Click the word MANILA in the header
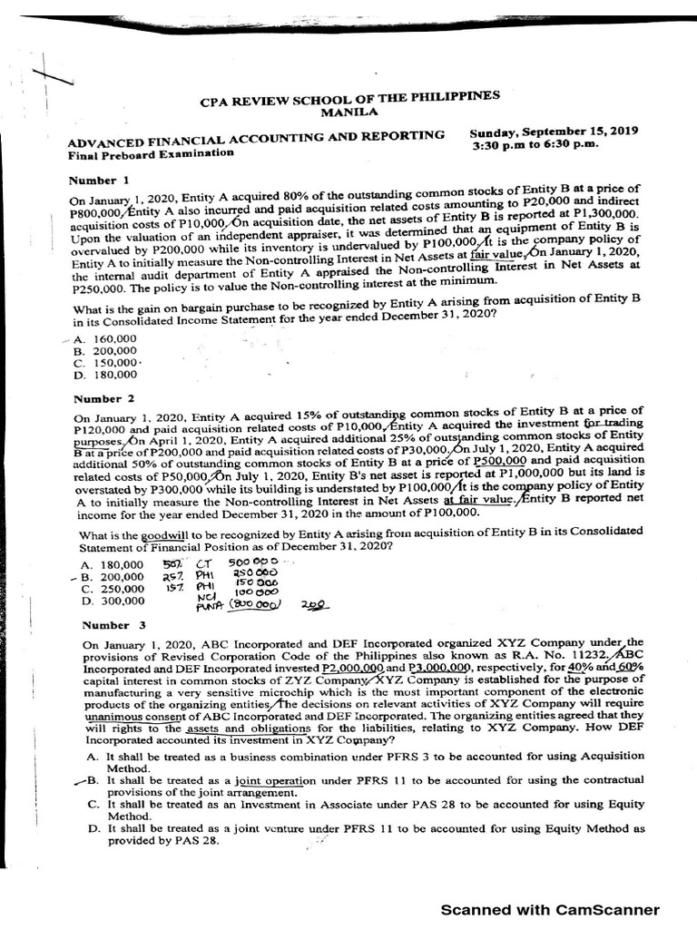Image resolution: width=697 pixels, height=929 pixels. [349, 112]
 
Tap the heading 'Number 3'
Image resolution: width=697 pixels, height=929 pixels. [113, 625]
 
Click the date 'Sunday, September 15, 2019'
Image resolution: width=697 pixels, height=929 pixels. [554, 132]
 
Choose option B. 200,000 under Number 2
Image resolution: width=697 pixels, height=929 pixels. [112, 576]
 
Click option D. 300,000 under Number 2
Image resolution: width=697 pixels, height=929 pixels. [112, 600]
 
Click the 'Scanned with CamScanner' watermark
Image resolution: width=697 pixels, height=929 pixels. [550, 910]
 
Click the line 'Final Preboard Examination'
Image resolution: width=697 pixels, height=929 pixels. [151, 153]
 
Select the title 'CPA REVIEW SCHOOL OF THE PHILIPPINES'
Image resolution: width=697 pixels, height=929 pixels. [349, 99]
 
